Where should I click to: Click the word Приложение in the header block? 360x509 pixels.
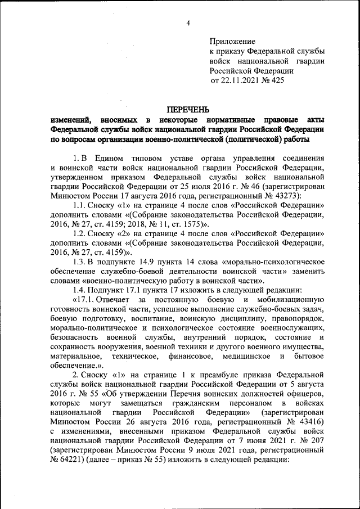232,42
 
